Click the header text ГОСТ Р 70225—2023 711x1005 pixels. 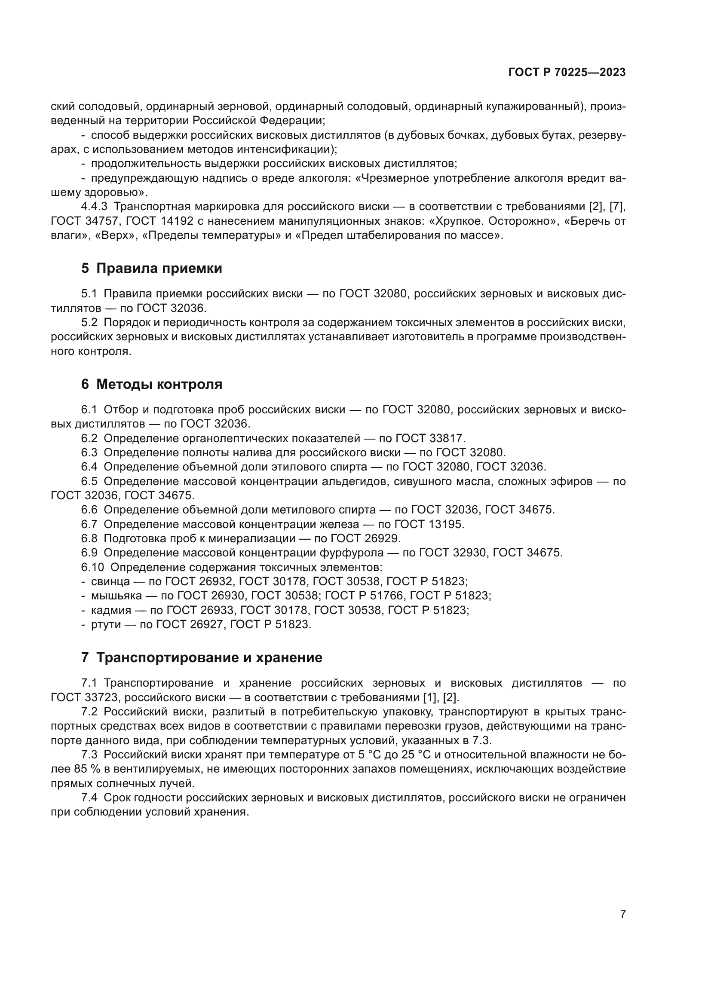point(567,73)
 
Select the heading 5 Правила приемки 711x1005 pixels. point(151,268)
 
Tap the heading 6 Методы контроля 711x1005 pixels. point(151,384)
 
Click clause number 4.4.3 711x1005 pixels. point(94,207)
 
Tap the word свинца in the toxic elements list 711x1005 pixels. point(110,581)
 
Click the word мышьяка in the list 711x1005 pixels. point(116,596)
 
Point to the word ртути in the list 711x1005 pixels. point(106,624)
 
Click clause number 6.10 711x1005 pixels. point(92,567)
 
